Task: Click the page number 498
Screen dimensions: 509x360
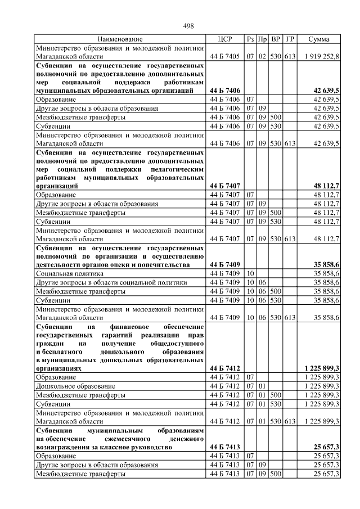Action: click(x=188, y=25)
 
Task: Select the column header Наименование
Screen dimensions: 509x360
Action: click(x=120, y=39)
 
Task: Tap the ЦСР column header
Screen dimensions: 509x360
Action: click(x=224, y=39)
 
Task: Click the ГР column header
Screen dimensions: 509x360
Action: click(x=290, y=39)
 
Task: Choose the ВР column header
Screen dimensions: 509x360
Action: click(x=276, y=39)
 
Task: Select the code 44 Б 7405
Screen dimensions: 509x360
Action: click(x=224, y=57)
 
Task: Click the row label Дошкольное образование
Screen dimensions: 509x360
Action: click(x=76, y=386)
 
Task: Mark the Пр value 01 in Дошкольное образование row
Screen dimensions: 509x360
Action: click(x=262, y=386)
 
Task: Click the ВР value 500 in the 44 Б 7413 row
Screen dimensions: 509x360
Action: click(x=276, y=474)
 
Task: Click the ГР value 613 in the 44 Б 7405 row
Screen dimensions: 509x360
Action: click(x=290, y=57)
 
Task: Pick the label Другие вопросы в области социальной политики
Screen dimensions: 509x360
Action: click(x=111, y=282)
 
